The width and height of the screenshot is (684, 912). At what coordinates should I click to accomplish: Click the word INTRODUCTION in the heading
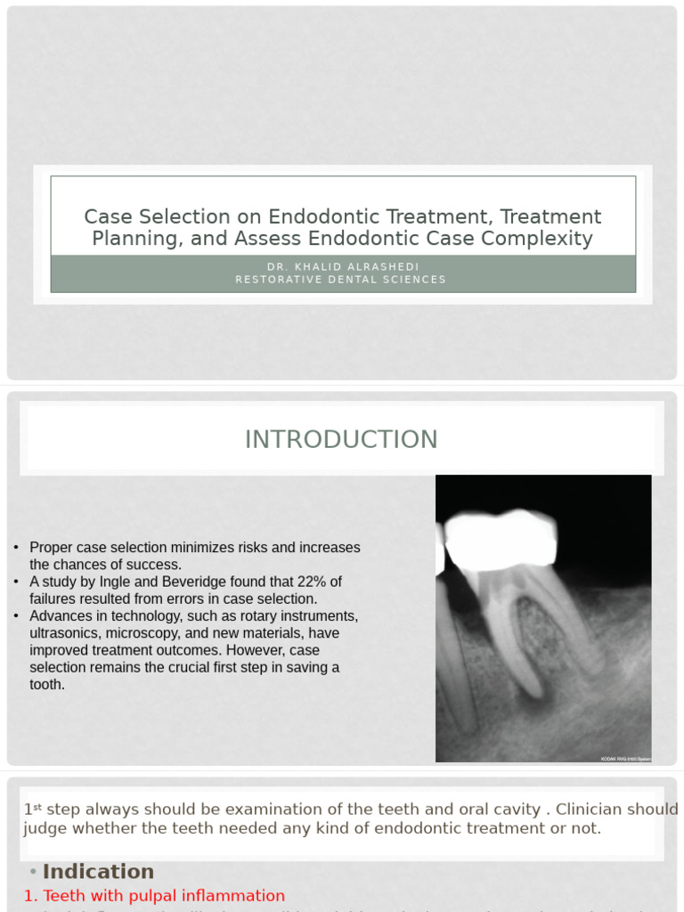(341, 439)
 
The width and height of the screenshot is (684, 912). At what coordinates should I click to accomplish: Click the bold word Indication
(98, 872)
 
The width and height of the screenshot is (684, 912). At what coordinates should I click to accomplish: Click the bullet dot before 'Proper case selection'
(16, 548)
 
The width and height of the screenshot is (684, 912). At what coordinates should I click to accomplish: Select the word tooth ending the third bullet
(47, 684)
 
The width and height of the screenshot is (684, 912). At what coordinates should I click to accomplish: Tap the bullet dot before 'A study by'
(16, 582)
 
